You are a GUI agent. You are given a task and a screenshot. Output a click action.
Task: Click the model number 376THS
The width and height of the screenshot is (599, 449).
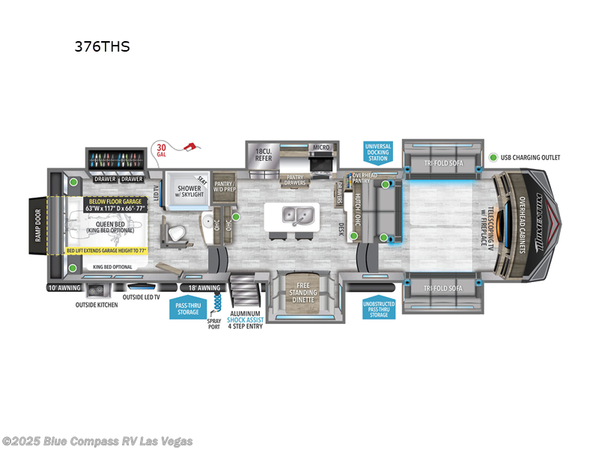(102, 46)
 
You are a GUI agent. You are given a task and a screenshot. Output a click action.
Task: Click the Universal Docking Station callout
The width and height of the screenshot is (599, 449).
(377, 152)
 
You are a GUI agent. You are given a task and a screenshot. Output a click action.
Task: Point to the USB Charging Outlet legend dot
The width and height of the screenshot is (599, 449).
(494, 158)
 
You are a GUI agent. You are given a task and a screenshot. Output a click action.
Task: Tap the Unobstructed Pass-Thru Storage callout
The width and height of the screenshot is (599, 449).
(379, 308)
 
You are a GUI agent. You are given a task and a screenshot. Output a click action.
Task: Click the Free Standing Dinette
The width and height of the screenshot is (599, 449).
(302, 291)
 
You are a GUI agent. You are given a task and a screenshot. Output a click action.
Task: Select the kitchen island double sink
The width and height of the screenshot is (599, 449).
(298, 216)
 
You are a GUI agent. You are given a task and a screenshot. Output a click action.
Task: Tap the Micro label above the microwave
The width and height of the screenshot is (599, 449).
(320, 147)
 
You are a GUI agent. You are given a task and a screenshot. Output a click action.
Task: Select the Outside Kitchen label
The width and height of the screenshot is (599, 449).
(97, 305)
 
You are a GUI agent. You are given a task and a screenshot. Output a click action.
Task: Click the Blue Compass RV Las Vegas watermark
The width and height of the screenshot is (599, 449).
(97, 441)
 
